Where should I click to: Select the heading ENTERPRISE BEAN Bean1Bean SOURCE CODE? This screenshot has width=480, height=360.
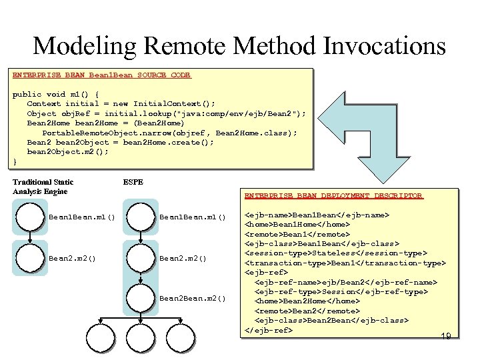101,75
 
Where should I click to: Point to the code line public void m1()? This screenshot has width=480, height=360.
56,94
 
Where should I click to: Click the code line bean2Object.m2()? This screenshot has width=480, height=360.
67,151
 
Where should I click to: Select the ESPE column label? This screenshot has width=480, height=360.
133,181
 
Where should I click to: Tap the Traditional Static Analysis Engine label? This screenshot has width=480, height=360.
43,187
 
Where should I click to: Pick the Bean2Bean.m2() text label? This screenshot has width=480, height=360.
193,298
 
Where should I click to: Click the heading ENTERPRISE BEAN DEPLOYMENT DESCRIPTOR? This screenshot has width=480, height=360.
333,195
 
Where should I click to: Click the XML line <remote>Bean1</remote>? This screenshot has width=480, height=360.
297,234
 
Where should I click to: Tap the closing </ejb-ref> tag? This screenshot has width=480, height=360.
269,330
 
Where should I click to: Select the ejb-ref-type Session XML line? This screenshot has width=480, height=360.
341,291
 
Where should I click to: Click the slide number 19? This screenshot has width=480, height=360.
446,337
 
